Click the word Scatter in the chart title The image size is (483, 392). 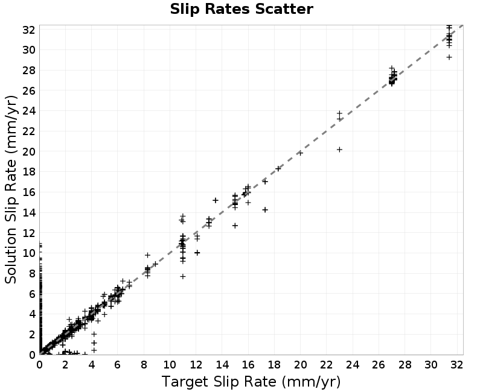click(x=284, y=9)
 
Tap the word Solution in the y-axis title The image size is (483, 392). click(x=10, y=256)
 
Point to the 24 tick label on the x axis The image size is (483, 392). click(x=353, y=365)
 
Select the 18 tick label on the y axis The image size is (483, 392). click(x=28, y=172)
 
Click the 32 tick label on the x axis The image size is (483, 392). click(x=456, y=365)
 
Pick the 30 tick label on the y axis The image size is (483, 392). click(x=28, y=50)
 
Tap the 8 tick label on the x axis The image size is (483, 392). click(x=144, y=365)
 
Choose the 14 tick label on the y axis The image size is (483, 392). click(x=28, y=212)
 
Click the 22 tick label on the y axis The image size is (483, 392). click(x=28, y=131)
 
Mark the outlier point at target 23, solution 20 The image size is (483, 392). click(x=339, y=150)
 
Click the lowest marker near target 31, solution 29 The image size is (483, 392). click(x=449, y=57)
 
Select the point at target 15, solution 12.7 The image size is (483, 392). click(x=235, y=226)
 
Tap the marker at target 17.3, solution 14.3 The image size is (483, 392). click(x=265, y=210)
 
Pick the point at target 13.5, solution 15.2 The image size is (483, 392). click(x=216, y=200)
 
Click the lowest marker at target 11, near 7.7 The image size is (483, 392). click(x=183, y=276)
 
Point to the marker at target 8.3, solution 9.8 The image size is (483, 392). click(x=147, y=255)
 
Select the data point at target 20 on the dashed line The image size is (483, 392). click(x=300, y=153)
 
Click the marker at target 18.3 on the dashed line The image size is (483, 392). click(x=278, y=169)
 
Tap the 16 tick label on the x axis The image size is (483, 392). click(x=248, y=365)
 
